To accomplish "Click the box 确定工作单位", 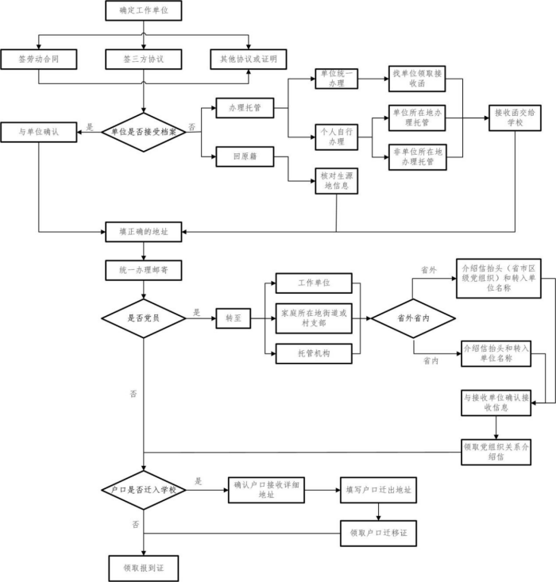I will (144, 11).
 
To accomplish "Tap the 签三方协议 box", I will (144, 60).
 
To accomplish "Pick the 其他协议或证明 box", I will (248, 60).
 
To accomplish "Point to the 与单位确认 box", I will (39, 132).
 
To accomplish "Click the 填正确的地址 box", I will (144, 233).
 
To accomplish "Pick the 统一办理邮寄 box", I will (144, 270).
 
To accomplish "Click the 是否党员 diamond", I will (144, 318).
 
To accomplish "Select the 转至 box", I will (234, 318).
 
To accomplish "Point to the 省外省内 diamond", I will (414, 318).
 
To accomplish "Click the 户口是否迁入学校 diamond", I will (144, 490).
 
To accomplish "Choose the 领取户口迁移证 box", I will (378, 531).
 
